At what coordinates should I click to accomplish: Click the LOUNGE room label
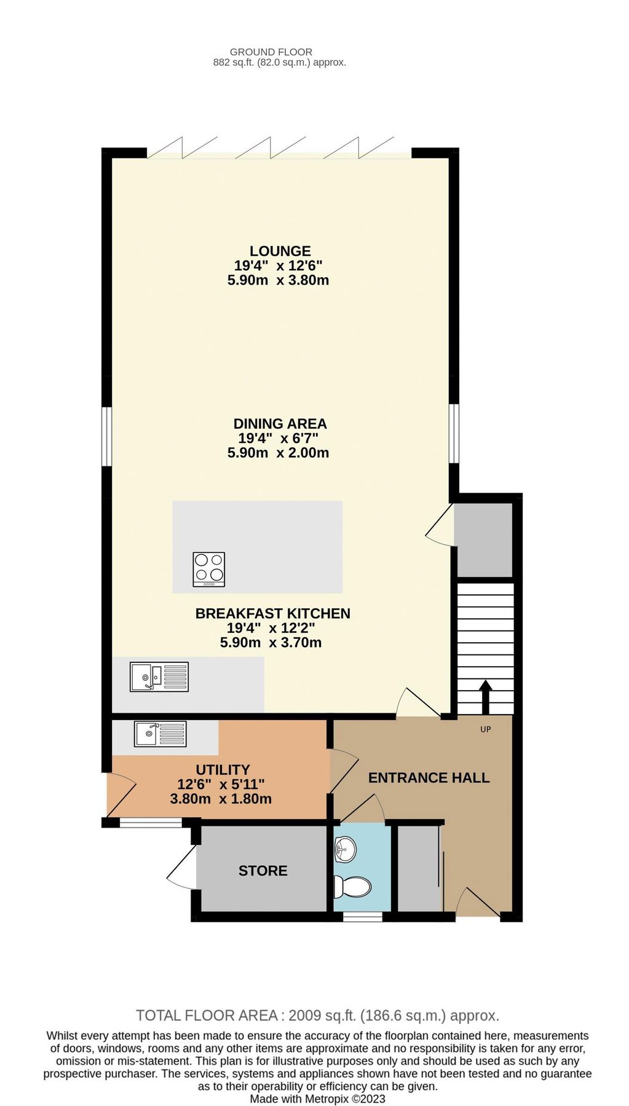tap(280, 251)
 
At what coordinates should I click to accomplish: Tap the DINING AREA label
tap(280, 423)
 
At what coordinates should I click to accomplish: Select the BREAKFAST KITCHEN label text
tap(272, 613)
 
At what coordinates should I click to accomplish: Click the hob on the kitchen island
tap(209, 569)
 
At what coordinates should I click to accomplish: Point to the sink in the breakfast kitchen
tap(159, 677)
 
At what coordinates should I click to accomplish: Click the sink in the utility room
tap(160, 734)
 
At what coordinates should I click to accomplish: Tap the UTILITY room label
tap(223, 769)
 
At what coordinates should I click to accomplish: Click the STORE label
tap(263, 871)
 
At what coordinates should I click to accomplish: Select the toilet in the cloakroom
tap(353, 887)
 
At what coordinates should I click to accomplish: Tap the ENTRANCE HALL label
tap(429, 778)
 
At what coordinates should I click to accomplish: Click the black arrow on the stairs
tap(485, 694)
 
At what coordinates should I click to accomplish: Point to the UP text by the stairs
tap(485, 729)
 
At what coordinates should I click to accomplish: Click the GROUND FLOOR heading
tap(271, 52)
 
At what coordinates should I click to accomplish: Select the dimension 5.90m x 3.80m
tap(278, 280)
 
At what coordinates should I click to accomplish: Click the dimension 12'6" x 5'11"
tap(221, 784)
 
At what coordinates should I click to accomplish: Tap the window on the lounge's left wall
tap(106, 436)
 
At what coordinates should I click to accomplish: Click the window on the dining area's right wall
tap(454, 433)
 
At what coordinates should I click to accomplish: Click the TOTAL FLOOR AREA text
tap(317, 1016)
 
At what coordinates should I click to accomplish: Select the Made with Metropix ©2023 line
tap(317, 1099)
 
